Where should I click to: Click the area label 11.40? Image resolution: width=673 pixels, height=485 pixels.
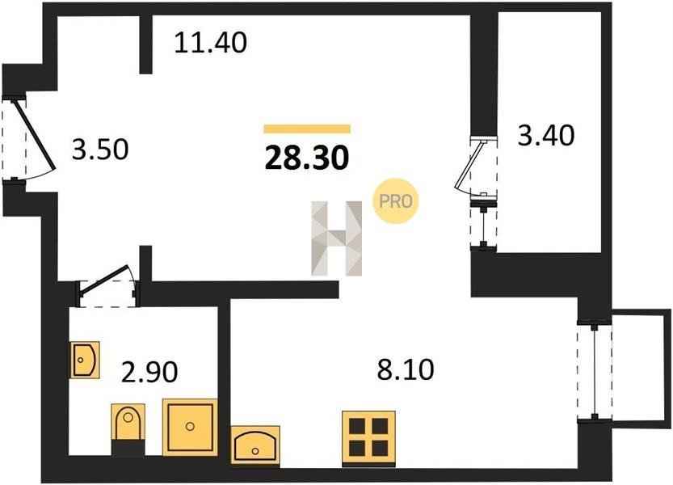[210, 43]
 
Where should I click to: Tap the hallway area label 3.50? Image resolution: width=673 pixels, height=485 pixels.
[100, 150]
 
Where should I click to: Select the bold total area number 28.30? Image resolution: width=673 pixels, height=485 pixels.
[307, 158]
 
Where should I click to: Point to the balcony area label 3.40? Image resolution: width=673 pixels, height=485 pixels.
[546, 135]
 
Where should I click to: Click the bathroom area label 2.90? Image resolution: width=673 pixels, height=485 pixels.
[149, 372]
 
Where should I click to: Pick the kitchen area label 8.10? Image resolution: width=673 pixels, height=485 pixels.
[406, 369]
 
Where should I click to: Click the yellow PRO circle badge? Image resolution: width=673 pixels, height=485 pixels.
[395, 200]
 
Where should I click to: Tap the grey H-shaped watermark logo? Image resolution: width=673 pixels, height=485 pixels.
[336, 238]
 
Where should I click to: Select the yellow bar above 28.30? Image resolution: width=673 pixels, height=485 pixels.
[307, 129]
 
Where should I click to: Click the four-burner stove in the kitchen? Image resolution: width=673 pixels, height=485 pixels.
[368, 438]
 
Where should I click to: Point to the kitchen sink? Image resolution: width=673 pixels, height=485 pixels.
[255, 445]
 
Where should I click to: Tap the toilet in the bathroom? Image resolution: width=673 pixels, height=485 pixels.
[128, 422]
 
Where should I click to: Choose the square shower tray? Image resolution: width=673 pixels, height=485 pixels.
[190, 427]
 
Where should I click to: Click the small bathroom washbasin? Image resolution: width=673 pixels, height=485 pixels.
[85, 360]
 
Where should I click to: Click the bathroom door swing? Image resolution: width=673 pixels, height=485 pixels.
[107, 285]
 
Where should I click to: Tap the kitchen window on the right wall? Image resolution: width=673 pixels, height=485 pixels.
[595, 372]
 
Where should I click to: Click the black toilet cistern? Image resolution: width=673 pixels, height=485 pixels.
[128, 448]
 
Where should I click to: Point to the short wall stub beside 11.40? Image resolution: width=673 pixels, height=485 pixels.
[146, 44]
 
